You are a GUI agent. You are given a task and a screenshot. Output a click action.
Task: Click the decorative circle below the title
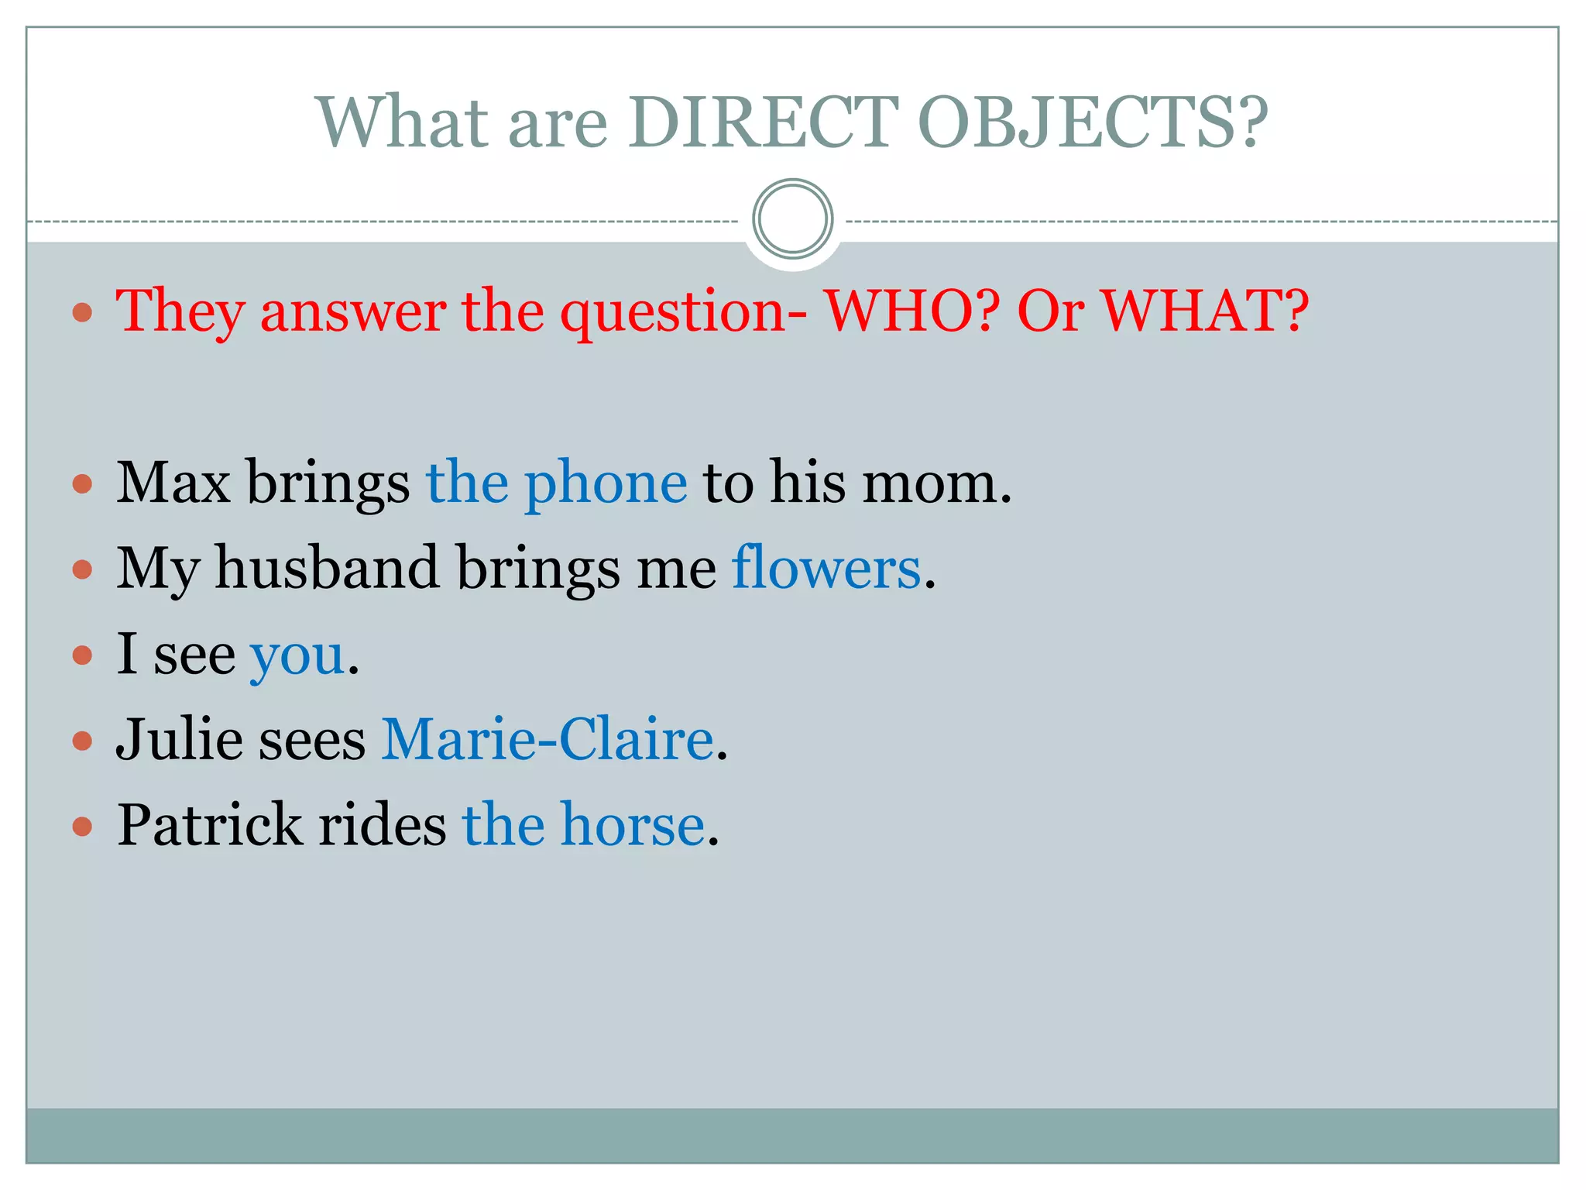pyautogui.click(x=792, y=219)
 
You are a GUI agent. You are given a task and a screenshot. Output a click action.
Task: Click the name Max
pyautogui.click(x=173, y=483)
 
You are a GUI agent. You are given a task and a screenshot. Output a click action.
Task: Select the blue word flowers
pyautogui.click(x=826, y=568)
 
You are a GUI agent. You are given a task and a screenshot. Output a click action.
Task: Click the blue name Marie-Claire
pyautogui.click(x=547, y=739)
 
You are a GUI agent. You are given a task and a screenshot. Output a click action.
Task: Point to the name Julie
pyautogui.click(x=179, y=739)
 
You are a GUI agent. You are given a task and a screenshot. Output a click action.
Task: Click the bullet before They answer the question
pyautogui.click(x=82, y=313)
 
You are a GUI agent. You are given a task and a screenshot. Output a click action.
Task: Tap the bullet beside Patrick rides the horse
pyautogui.click(x=82, y=827)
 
